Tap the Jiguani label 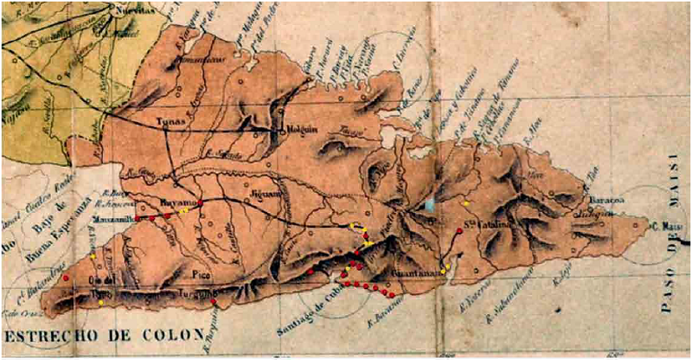(261, 196)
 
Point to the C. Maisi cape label (666, 227)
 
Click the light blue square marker (431, 205)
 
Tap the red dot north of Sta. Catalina (459, 230)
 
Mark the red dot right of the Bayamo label (200, 203)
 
